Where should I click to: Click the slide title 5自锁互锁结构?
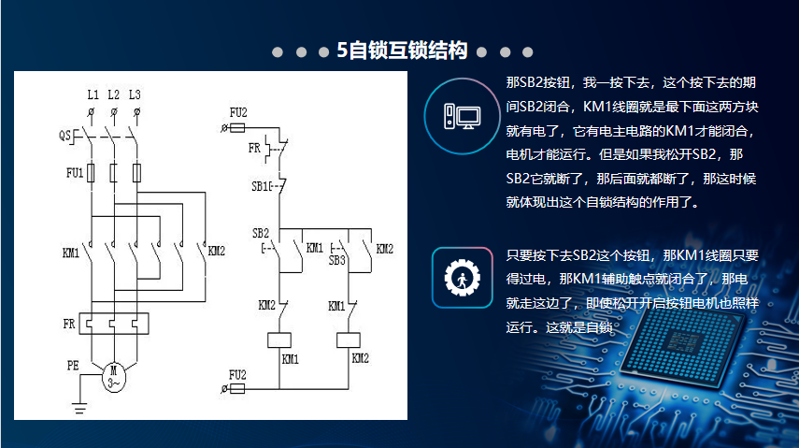[401, 51]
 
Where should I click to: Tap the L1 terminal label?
[93, 94]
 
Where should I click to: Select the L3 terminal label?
[136, 94]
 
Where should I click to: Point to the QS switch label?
[65, 136]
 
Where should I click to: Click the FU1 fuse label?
[74, 173]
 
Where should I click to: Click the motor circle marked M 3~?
[114, 376]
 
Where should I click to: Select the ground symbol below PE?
[80, 407]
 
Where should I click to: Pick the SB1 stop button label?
[261, 186]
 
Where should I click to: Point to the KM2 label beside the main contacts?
[217, 251]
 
